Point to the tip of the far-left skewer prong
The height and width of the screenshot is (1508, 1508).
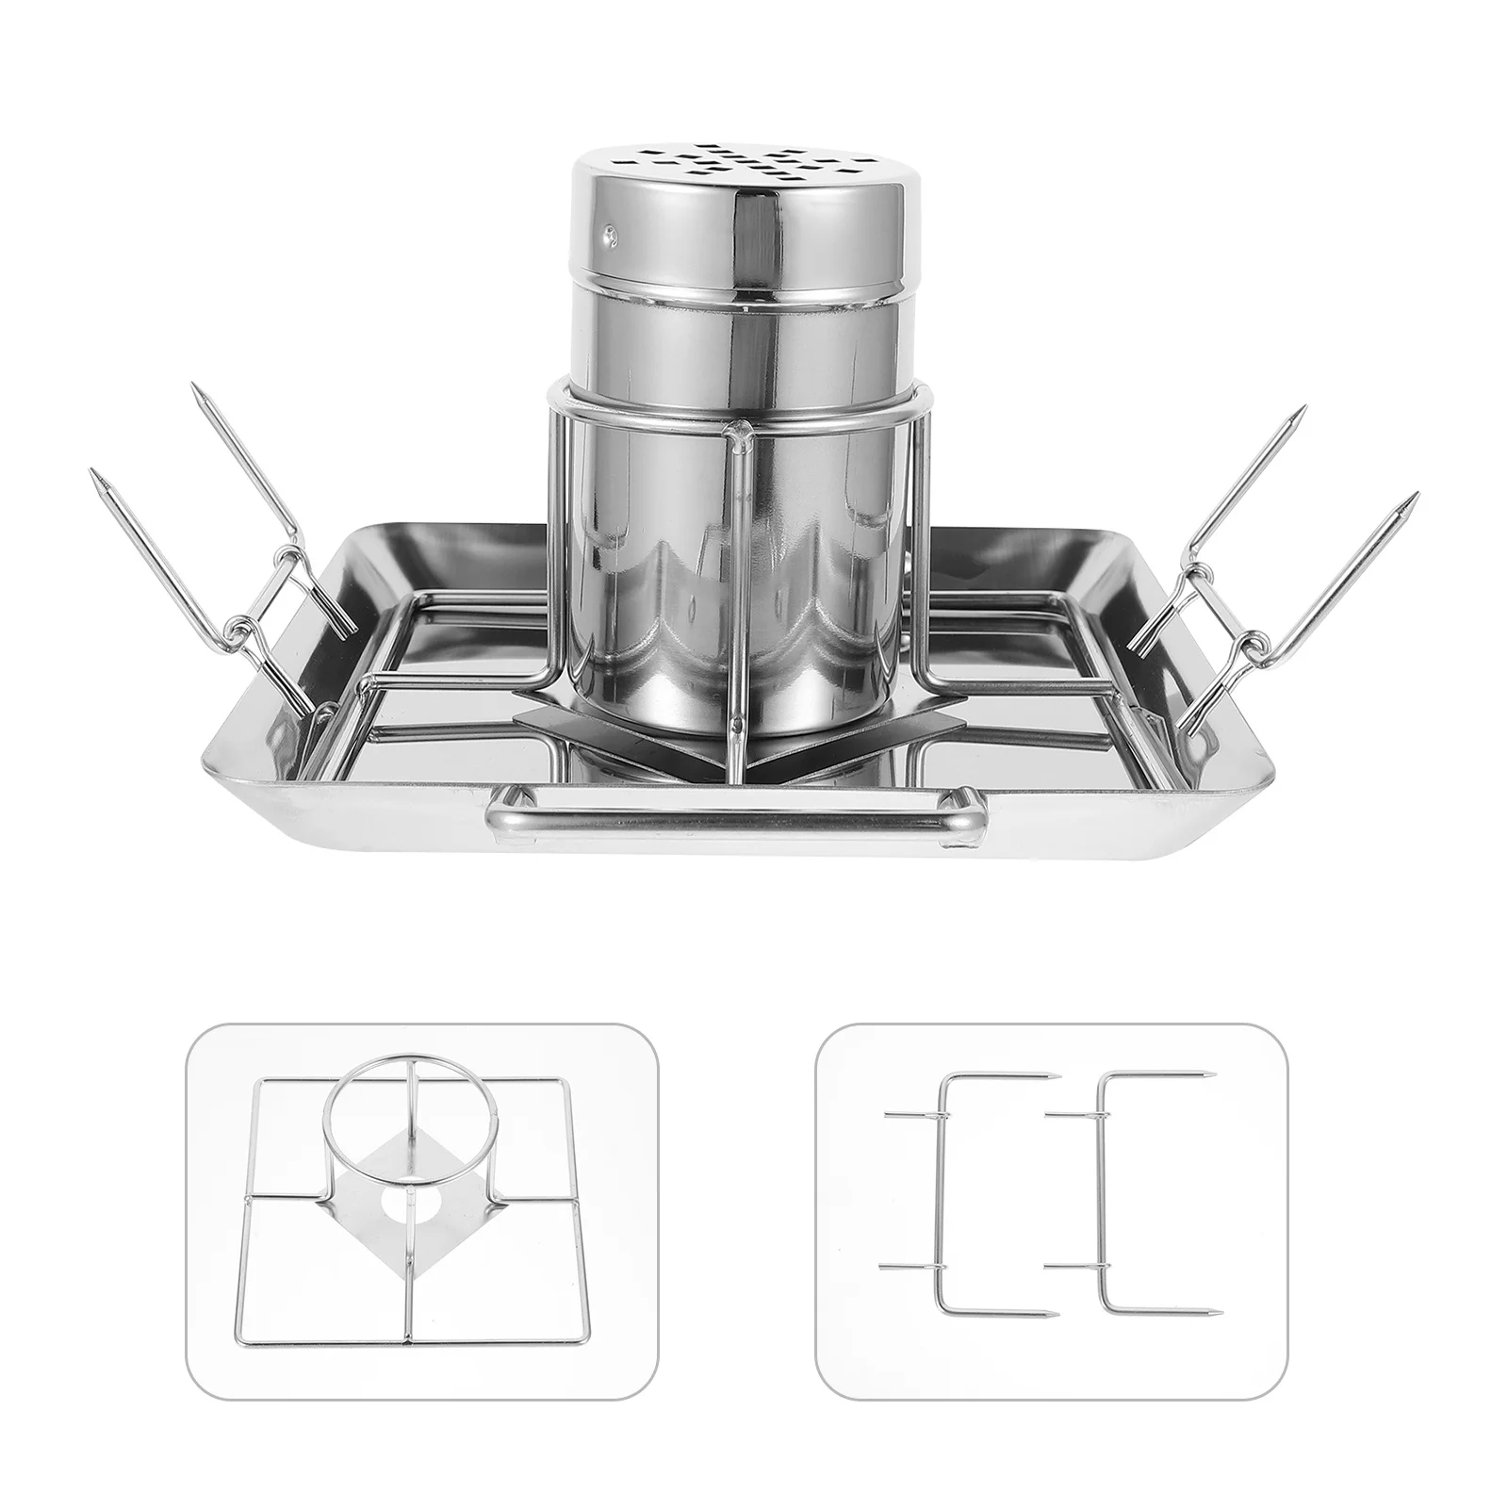(x=98, y=477)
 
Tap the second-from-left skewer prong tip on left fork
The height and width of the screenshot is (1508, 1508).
(x=197, y=391)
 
